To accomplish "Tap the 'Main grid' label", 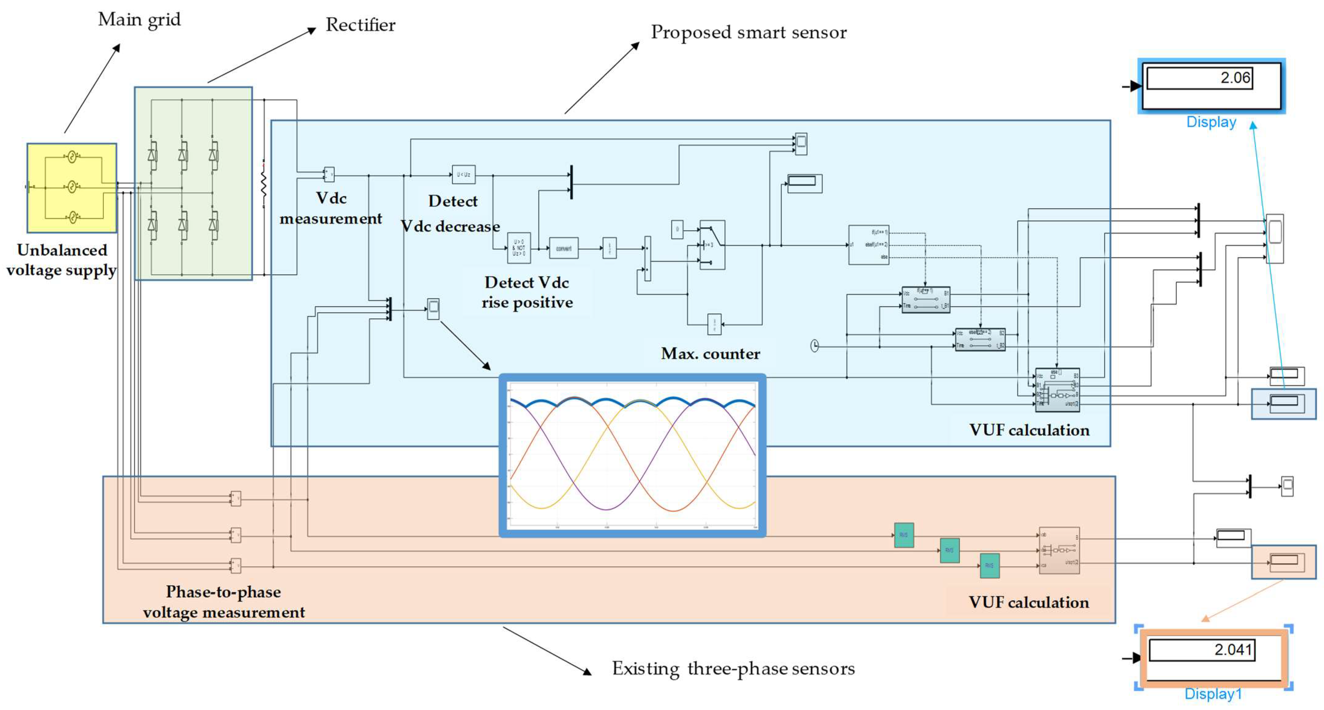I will [x=139, y=20].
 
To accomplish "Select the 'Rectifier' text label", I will [x=360, y=25].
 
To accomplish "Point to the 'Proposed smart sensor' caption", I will [x=748, y=32].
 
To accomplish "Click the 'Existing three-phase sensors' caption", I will [x=733, y=668].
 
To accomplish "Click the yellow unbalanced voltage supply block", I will [x=72, y=188].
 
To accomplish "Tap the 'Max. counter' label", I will [x=710, y=353].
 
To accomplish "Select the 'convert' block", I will [x=563, y=249].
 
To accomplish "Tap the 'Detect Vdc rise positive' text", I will [x=527, y=292].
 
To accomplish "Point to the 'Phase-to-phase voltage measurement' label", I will [x=224, y=602].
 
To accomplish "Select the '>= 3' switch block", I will [x=712, y=245].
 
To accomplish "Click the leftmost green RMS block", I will [x=904, y=535].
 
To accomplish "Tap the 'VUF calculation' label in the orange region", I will [x=1029, y=602].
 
